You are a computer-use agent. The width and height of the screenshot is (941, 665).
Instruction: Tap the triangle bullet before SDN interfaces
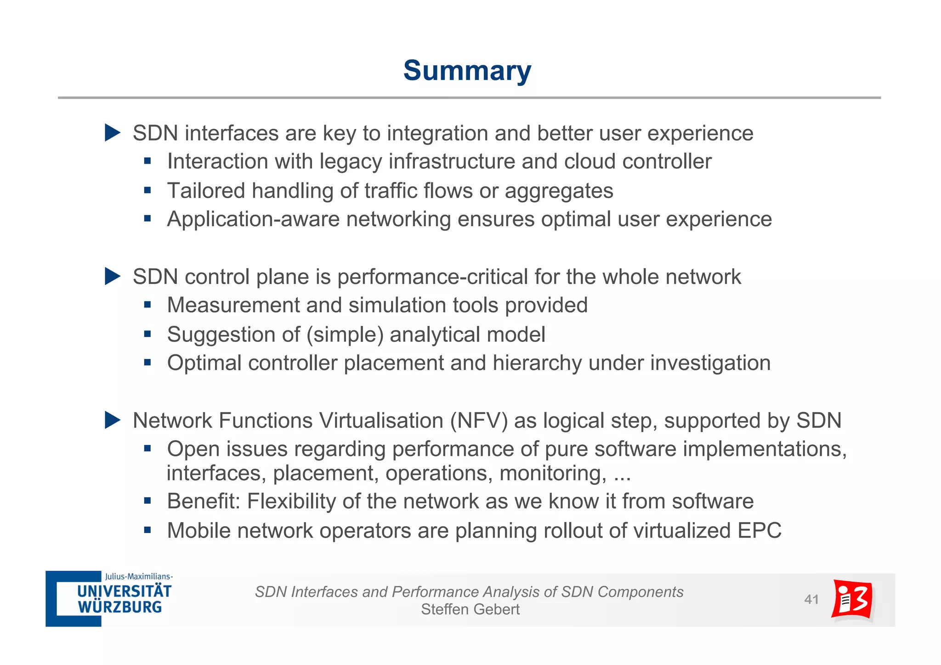coord(112,133)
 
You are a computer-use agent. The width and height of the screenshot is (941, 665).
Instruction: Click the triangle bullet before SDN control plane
coord(112,277)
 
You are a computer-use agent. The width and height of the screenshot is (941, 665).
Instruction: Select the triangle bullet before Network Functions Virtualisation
coord(112,420)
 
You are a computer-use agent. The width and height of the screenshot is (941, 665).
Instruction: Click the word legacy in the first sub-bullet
coord(350,162)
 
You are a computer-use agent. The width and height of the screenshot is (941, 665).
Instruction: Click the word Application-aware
coord(253,219)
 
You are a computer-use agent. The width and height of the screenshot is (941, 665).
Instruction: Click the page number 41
coord(811,599)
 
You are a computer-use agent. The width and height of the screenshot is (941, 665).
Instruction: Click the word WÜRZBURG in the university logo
coord(120,607)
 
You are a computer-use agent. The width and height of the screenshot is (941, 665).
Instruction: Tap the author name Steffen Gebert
coord(470,609)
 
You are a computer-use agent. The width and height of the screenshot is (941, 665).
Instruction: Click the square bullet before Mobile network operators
coord(147,530)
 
